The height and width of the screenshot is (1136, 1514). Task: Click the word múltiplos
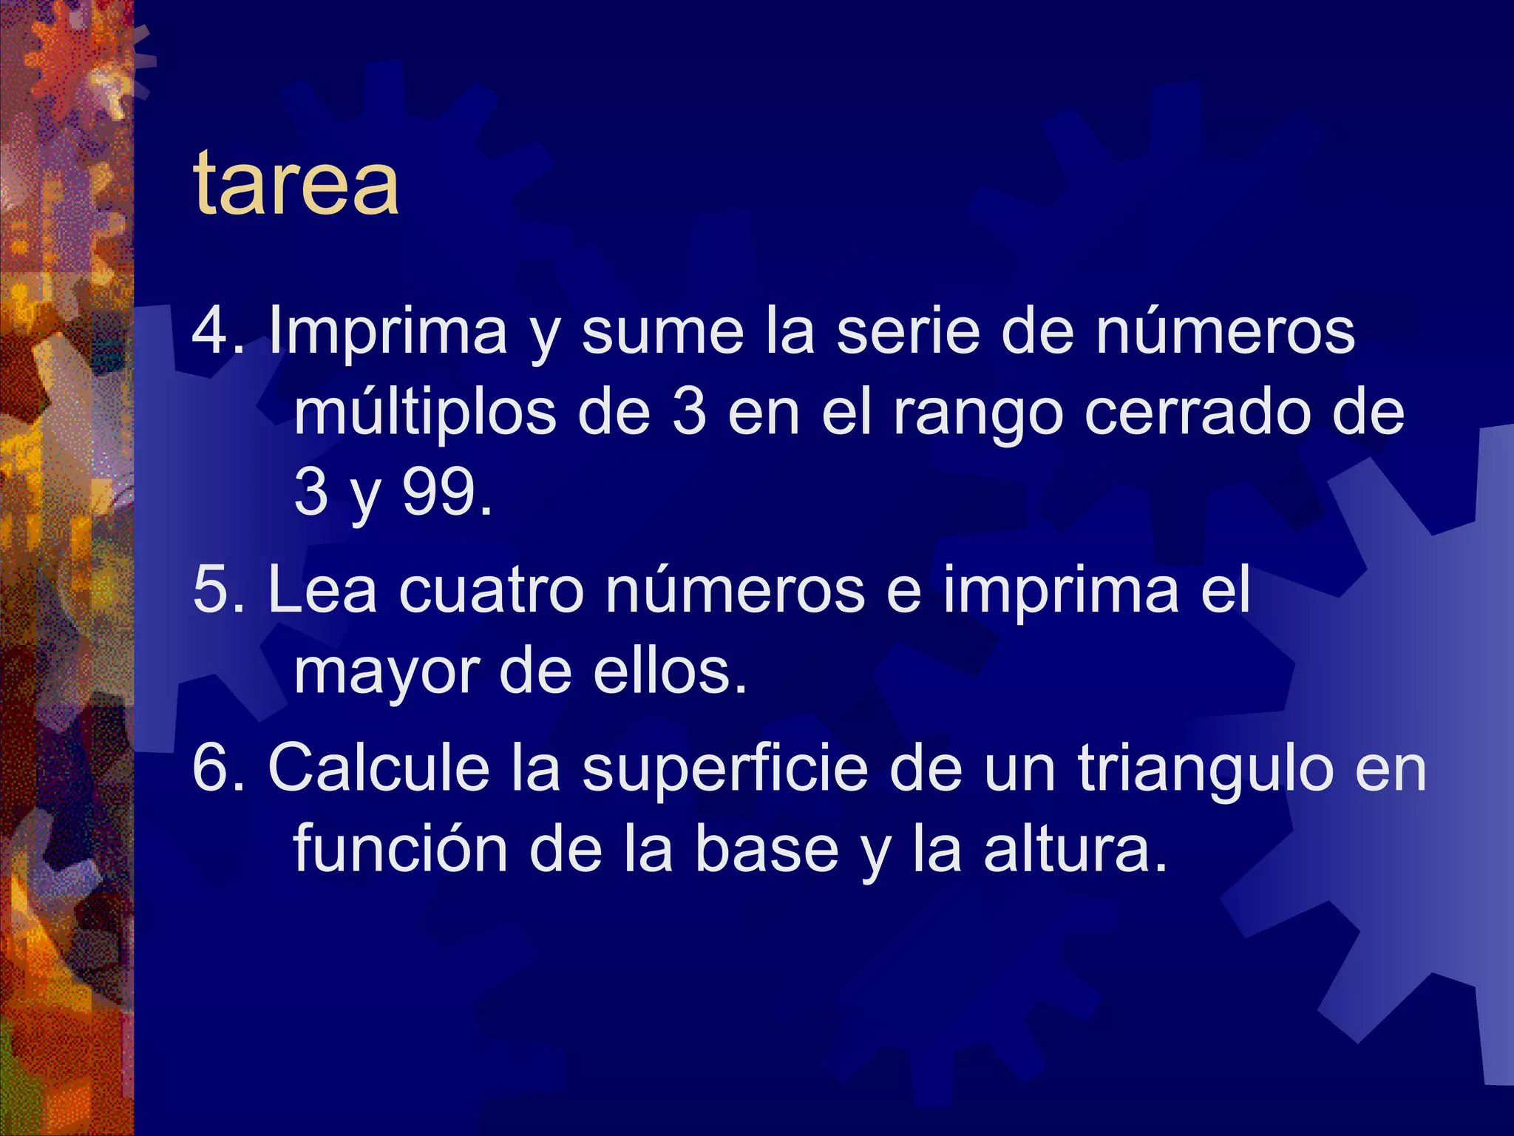(x=425, y=413)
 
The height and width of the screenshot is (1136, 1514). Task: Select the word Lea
(x=322, y=589)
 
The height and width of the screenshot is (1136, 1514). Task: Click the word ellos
(x=668, y=671)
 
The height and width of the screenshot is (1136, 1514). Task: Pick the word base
(x=765, y=849)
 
